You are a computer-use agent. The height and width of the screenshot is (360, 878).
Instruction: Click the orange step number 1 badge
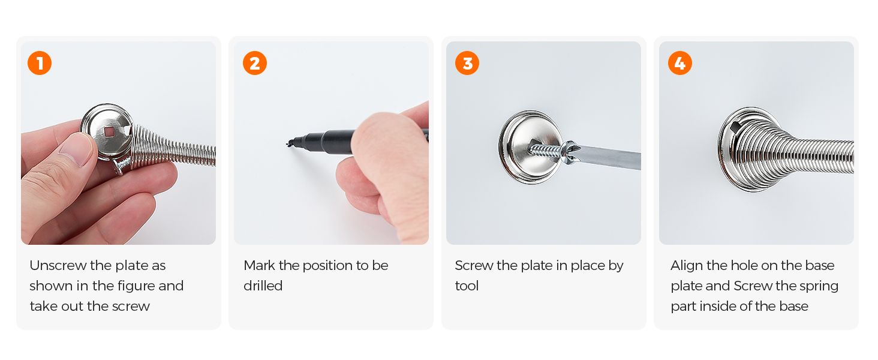point(40,63)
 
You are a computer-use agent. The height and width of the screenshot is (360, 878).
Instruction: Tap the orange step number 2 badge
point(255,63)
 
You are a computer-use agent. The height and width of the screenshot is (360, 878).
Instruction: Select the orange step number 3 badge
point(467,63)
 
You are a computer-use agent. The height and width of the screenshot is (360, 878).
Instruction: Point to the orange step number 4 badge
point(680,63)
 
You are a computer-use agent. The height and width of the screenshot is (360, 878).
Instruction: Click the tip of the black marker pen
point(288,144)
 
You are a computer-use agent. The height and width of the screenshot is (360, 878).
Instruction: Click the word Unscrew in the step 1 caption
point(58,265)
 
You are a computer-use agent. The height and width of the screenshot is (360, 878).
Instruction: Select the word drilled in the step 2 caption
point(263,286)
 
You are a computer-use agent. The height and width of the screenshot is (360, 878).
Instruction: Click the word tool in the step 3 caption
point(467,286)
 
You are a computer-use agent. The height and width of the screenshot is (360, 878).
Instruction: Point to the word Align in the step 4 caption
point(687,266)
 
